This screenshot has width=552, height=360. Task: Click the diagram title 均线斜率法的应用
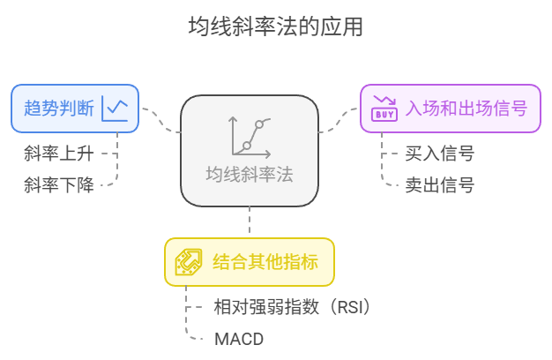275,27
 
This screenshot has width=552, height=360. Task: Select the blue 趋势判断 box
74,108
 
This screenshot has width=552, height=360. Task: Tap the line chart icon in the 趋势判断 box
116,109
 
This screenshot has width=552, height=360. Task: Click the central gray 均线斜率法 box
250,150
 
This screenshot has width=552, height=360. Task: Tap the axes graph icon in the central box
249,137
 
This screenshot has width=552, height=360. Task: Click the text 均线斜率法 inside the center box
250,175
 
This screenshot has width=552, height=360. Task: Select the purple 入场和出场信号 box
450,109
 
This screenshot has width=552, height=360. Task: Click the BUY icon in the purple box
384,109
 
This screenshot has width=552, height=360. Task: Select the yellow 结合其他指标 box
250,261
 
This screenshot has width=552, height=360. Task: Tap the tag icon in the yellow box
187,261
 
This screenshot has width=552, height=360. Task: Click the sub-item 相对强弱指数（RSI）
292,307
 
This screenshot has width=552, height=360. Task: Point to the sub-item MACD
239,338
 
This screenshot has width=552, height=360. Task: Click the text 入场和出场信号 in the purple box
466,109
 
